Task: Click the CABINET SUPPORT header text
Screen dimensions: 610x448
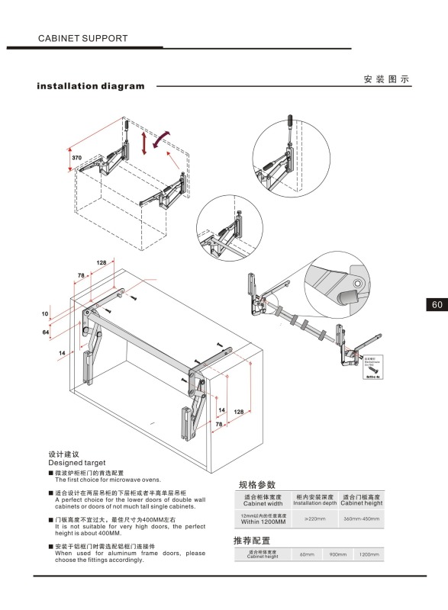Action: [x=82, y=37]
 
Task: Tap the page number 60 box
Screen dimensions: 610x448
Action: [x=437, y=304]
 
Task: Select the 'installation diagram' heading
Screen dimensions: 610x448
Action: [x=91, y=86]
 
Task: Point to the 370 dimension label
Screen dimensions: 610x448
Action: [x=77, y=158]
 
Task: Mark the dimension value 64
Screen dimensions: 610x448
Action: [x=45, y=332]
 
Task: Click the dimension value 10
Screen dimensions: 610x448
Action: [x=45, y=313]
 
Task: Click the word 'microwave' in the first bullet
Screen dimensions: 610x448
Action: [x=117, y=479]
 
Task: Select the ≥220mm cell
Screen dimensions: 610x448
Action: [x=315, y=519]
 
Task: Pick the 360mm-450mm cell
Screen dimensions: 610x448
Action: [x=361, y=519]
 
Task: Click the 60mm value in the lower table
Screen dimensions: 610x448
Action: [x=308, y=554]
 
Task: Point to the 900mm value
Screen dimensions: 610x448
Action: [x=338, y=554]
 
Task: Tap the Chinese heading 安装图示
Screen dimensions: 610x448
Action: [x=387, y=79]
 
